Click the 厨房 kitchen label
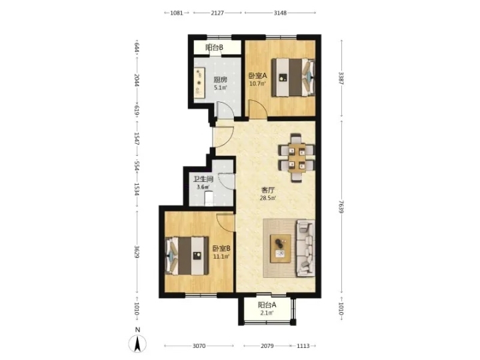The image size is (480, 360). [x=220, y=80]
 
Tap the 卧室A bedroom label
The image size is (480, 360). [x=257, y=75]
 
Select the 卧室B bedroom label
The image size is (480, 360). [x=221, y=249]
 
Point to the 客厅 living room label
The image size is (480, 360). [x=267, y=191]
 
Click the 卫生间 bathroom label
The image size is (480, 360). [x=203, y=179]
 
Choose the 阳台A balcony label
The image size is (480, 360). [x=267, y=305]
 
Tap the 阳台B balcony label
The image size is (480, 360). [x=214, y=47]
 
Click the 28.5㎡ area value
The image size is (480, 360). [x=267, y=198]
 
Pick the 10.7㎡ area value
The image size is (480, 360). [x=257, y=83]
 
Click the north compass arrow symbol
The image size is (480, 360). [x=138, y=343]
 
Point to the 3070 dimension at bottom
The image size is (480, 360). [x=199, y=346]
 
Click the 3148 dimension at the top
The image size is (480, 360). [x=280, y=13]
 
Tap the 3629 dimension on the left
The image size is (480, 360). [x=137, y=252]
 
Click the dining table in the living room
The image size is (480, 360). [x=296, y=157]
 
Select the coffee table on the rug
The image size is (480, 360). [x=281, y=248]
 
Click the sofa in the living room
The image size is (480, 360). [x=305, y=248]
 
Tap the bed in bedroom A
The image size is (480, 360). [x=293, y=77]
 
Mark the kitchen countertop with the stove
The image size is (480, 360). [x=199, y=83]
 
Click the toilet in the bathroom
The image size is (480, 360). [x=209, y=198]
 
